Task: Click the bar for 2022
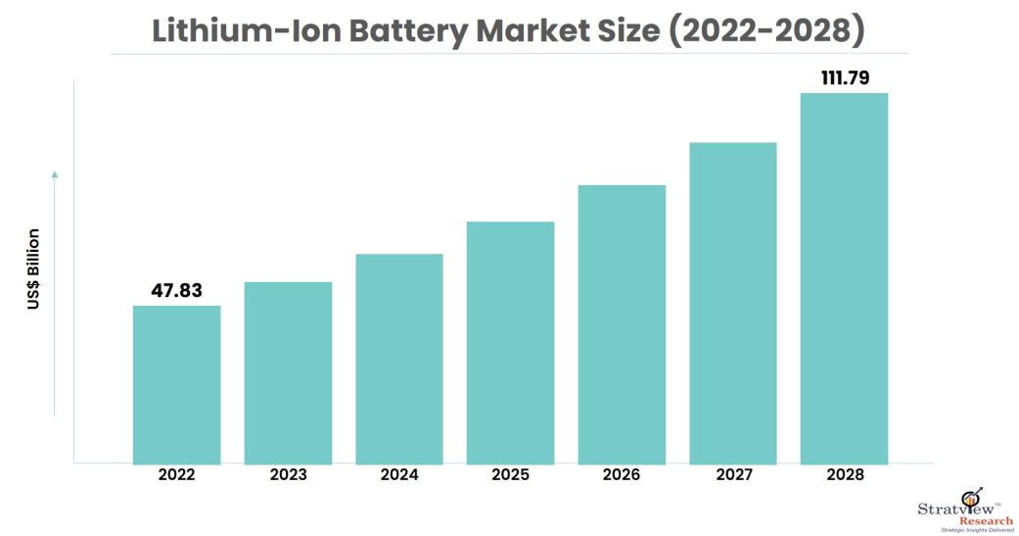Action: (176, 384)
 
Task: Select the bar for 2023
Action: (288, 372)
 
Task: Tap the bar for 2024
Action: (399, 359)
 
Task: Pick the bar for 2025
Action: (510, 342)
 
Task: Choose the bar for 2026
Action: (622, 324)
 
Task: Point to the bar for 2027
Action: (733, 303)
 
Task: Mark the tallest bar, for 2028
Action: (844, 278)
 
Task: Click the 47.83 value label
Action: (176, 291)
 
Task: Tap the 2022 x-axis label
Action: (176, 475)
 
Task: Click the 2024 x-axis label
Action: (399, 475)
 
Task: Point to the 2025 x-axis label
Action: (510, 475)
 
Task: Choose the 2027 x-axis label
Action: (733, 475)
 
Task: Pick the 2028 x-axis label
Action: (844, 475)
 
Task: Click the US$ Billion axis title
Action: (34, 269)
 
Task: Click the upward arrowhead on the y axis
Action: (55, 174)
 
